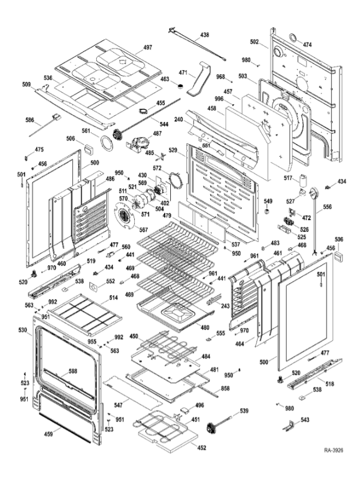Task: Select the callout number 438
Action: pyautogui.click(x=205, y=35)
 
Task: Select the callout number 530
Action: pyautogui.click(x=22, y=331)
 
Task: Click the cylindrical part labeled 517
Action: pyautogui.click(x=304, y=180)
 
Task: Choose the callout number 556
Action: pyautogui.click(x=327, y=207)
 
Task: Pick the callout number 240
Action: pyautogui.click(x=178, y=119)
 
